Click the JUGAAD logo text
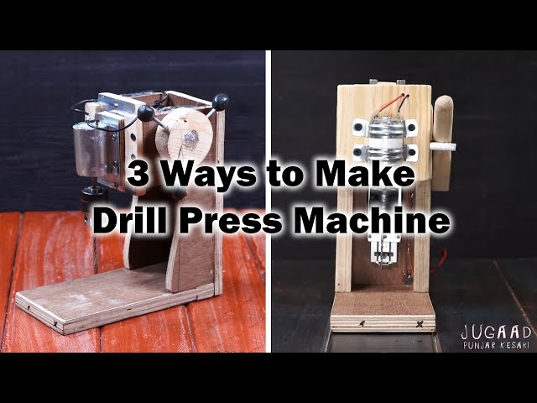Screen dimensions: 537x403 (x=496, y=332)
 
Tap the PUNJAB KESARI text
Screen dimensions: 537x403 (x=497, y=345)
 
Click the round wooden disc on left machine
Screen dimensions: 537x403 (x=181, y=135)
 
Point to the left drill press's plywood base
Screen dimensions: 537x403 (x=114, y=301)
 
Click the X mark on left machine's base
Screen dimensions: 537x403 (x=55, y=323)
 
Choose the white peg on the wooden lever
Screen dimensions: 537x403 (x=442, y=147)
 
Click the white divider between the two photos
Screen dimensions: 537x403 (x=268, y=201)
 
